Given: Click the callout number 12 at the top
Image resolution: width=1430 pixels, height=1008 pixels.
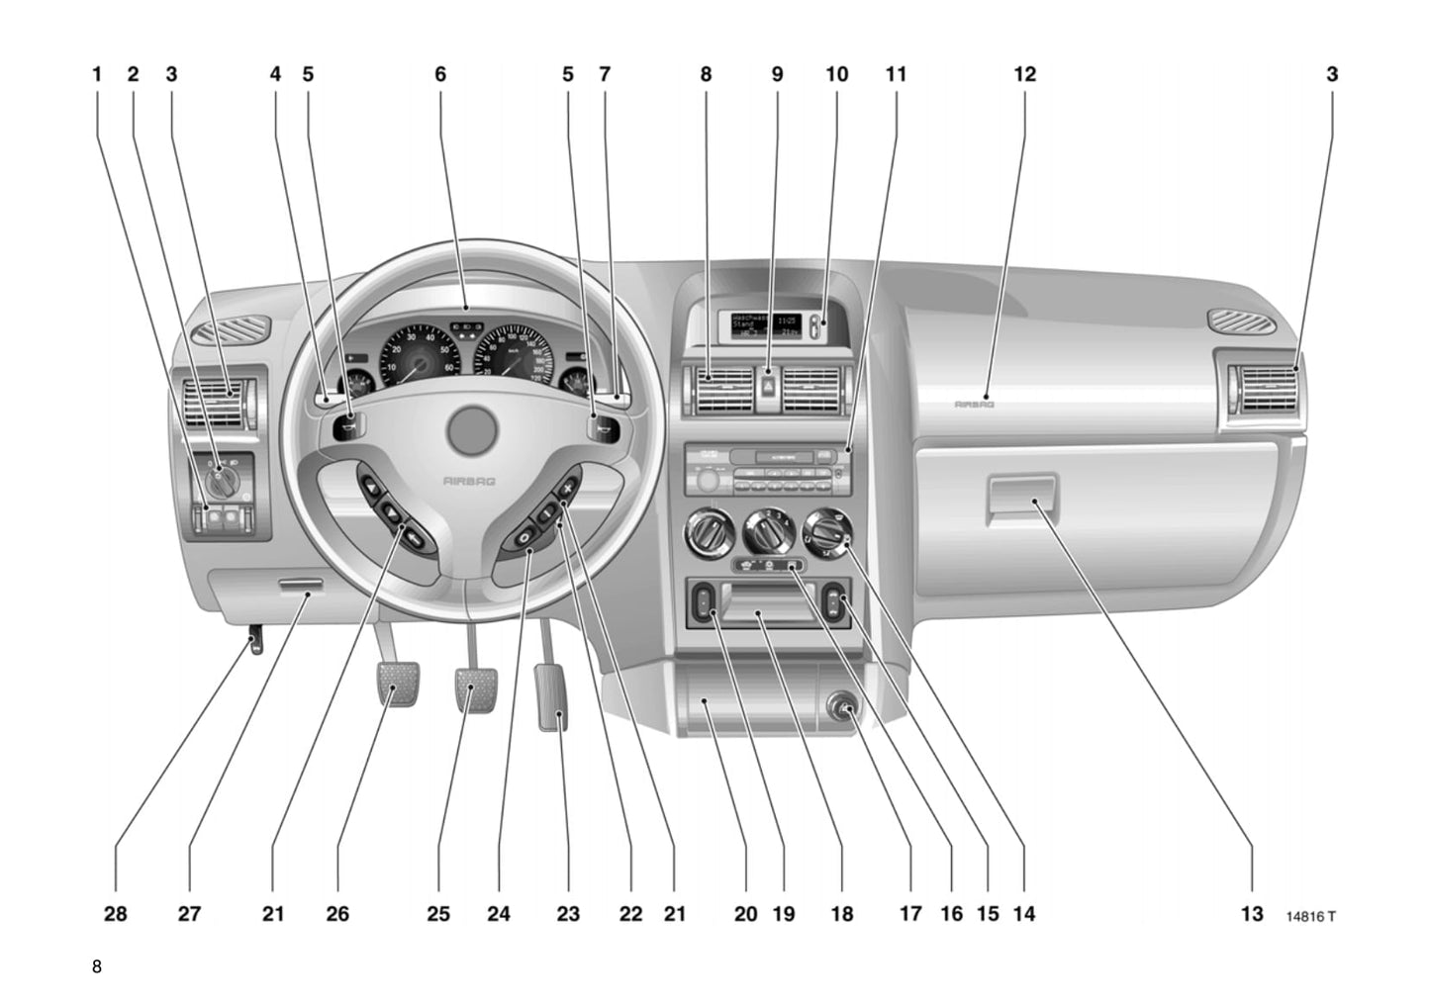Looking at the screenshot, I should pos(1024,74).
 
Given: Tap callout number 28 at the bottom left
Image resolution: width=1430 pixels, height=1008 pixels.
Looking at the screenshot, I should pos(116,914).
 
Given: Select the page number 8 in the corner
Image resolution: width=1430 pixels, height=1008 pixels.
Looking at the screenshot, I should pos(96,966).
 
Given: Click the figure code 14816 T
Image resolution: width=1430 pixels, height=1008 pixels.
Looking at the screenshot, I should pos(1310,916).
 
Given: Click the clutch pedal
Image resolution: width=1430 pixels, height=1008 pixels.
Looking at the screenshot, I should pos(400,684).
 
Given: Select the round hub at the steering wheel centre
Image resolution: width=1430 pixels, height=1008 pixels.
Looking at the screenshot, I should pos(470,430).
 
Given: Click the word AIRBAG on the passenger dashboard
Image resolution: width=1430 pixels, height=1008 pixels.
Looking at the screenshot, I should pos(974,404).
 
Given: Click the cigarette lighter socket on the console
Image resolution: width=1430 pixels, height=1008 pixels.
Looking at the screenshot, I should pos(845,708).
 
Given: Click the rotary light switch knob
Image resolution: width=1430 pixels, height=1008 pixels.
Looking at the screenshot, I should pos(222,481).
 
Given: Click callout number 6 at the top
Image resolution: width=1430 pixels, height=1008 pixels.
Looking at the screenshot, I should pos(440,74).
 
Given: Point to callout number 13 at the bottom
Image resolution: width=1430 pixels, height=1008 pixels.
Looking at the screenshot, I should pos(1252,914).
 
